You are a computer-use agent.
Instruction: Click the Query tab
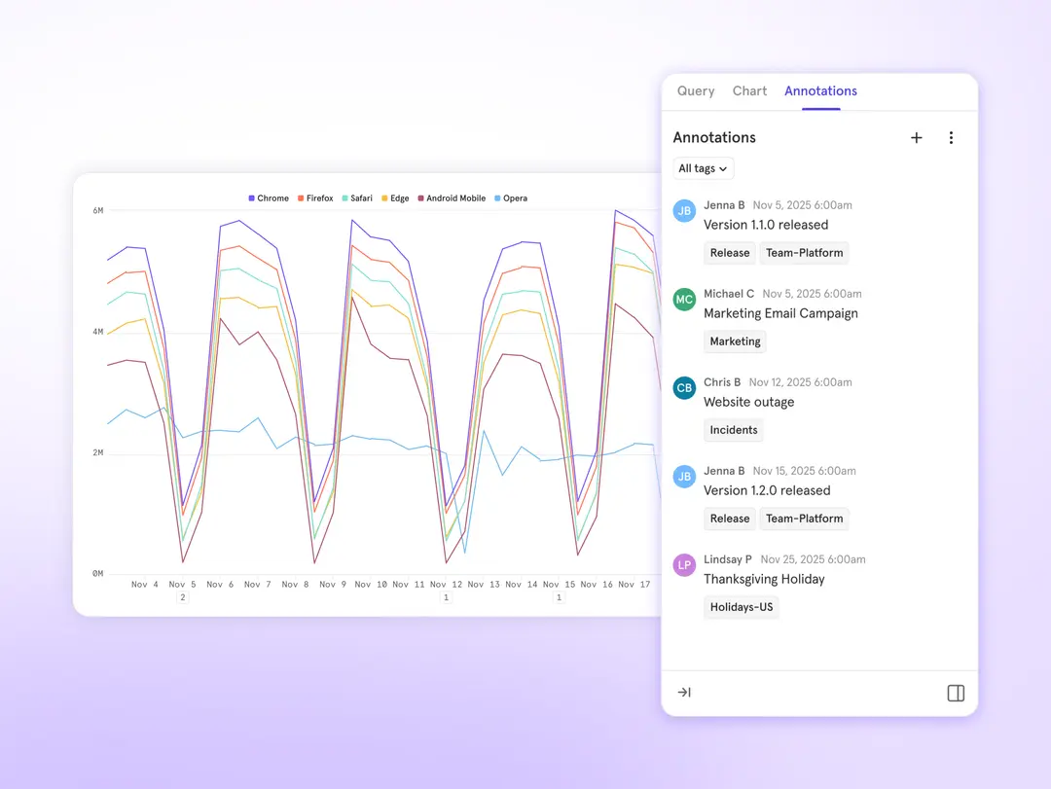(x=696, y=90)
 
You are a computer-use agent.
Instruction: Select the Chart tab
(x=749, y=90)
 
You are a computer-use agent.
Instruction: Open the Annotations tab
(x=820, y=90)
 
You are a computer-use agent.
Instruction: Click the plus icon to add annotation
(x=916, y=138)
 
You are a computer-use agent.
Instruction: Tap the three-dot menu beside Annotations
(x=951, y=138)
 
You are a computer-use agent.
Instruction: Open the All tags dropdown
(x=703, y=168)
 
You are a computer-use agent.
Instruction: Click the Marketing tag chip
(x=735, y=341)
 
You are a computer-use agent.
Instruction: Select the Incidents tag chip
(x=734, y=430)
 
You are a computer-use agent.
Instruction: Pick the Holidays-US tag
(x=741, y=607)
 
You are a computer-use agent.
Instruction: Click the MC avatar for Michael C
(x=684, y=299)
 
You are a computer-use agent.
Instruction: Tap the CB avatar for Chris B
(x=684, y=387)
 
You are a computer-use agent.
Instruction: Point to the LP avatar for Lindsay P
(x=684, y=564)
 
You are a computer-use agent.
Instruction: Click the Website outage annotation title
(x=748, y=402)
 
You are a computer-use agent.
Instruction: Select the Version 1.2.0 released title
(x=767, y=490)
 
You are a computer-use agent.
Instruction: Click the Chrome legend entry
(x=269, y=198)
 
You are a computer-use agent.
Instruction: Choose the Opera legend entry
(x=511, y=198)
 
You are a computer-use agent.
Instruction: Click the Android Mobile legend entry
(x=452, y=198)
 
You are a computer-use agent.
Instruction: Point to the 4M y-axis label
(x=98, y=332)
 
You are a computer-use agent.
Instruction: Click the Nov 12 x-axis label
(x=446, y=585)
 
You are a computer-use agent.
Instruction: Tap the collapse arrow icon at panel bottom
(x=684, y=693)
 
